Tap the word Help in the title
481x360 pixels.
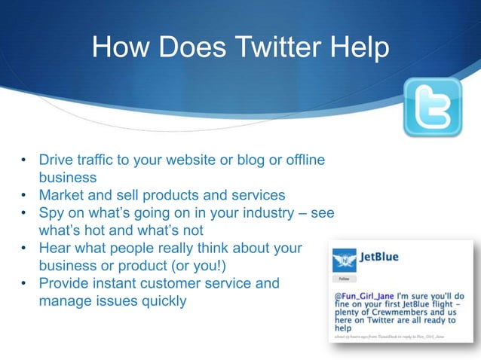[x=361, y=49]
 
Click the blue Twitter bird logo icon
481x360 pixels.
[x=432, y=107]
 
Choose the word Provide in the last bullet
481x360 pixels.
[x=65, y=283]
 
